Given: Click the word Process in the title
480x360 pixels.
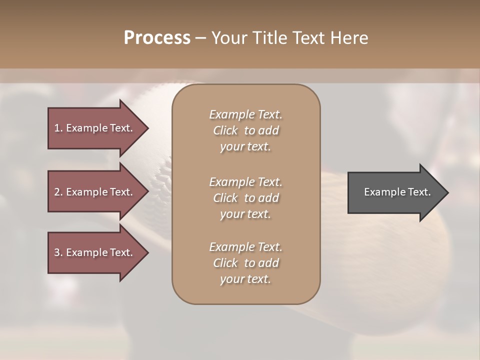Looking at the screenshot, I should pyautogui.click(x=157, y=38).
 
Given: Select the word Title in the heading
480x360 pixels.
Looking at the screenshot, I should pyautogui.click(x=269, y=38).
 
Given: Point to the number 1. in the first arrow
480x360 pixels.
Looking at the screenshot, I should pyautogui.click(x=58, y=128).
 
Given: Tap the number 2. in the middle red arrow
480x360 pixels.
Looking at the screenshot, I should pyautogui.click(x=58, y=192).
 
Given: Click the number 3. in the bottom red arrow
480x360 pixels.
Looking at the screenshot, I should pyautogui.click(x=58, y=252).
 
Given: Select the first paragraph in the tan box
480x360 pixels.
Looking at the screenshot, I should pyautogui.click(x=245, y=130).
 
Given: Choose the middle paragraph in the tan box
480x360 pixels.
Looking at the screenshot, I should pyautogui.click(x=245, y=198).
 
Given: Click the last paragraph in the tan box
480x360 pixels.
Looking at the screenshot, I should pyautogui.click(x=245, y=263).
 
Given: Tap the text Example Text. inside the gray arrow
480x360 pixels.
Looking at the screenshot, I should pyautogui.click(x=397, y=192).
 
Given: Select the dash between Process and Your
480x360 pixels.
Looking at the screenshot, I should pyautogui.click(x=201, y=38).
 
